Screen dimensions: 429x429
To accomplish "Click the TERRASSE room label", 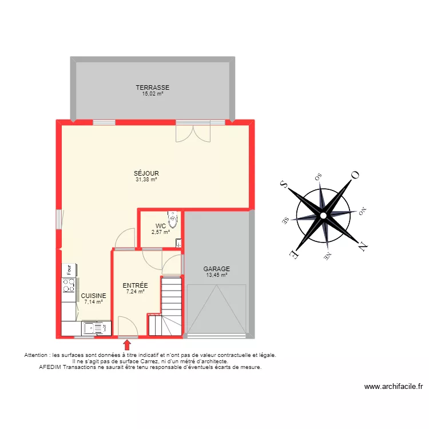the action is (153, 88).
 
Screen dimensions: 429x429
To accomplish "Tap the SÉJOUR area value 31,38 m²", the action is (146, 180).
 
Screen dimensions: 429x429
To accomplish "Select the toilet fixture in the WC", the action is (173, 220).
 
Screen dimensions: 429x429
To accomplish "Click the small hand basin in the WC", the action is (178, 243).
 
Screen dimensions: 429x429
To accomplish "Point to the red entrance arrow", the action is (126, 345).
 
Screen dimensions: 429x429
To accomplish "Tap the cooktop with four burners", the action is (69, 285).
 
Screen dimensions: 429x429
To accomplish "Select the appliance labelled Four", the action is (69, 270).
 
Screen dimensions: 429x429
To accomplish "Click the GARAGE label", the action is (217, 269).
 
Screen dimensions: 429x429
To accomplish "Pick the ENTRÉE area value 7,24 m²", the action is (136, 292).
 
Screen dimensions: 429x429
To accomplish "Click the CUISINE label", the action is (94, 296).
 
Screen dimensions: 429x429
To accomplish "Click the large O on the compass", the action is (355, 175).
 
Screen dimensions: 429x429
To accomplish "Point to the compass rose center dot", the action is (323, 216).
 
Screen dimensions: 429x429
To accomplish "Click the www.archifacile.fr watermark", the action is (394, 387).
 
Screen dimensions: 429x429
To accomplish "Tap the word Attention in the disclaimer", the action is (36, 355).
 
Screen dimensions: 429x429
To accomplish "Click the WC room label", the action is (161, 226).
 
